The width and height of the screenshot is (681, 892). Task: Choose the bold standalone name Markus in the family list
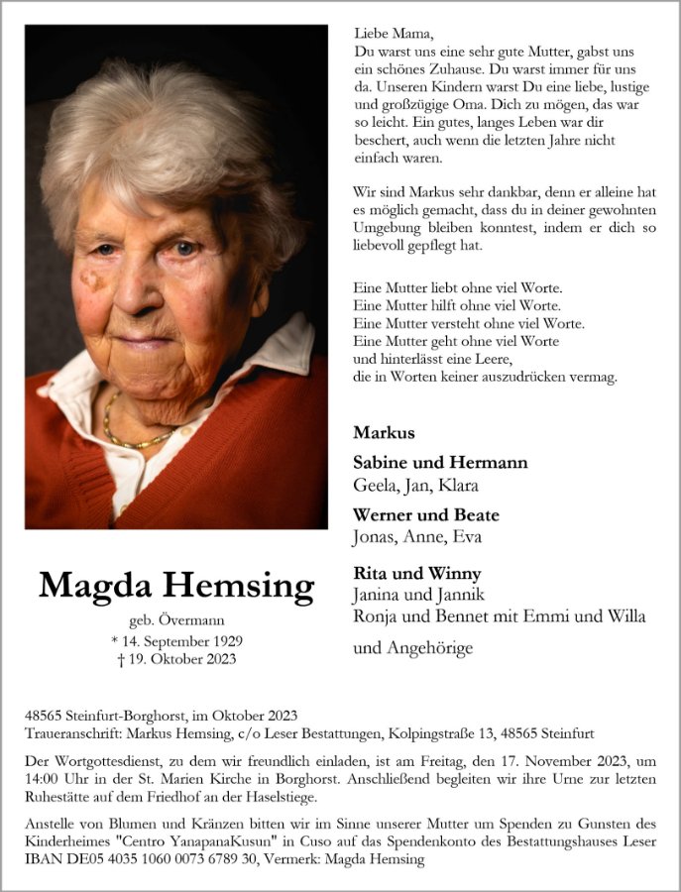pyautogui.click(x=384, y=432)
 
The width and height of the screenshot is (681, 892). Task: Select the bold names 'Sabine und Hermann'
pyautogui.click(x=440, y=463)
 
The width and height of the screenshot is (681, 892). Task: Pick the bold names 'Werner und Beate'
pyautogui.click(x=425, y=515)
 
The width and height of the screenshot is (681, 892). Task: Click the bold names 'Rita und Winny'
pyautogui.click(x=417, y=573)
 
